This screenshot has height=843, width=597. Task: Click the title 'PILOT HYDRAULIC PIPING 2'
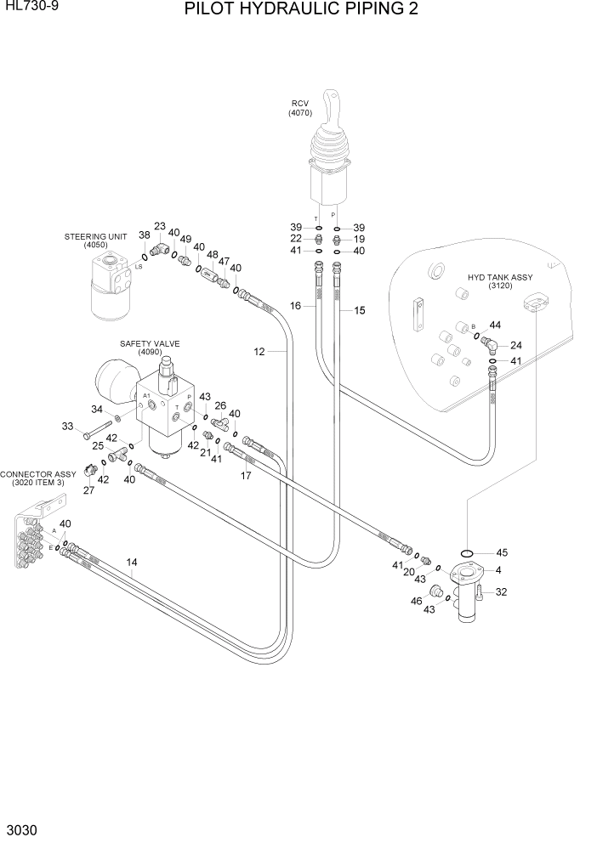pos(300,10)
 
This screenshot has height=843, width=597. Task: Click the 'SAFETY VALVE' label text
pos(150,343)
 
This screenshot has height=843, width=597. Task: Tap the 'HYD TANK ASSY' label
pos(499,278)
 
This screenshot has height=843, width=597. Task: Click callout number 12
pos(259,351)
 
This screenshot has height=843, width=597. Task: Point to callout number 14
pos(132,562)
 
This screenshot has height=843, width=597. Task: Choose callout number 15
pos(359,311)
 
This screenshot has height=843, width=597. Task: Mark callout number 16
pos(295,305)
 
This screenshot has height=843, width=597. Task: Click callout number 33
pos(68,427)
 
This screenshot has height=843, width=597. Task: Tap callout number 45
pos(502,552)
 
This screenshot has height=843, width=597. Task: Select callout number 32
pos(501,592)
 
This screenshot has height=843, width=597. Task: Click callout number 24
pos(515,345)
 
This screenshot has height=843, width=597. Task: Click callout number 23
pos(159,226)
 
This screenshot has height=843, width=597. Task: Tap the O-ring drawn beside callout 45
pos(469,552)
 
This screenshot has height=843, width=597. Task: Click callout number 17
pos(246,476)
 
